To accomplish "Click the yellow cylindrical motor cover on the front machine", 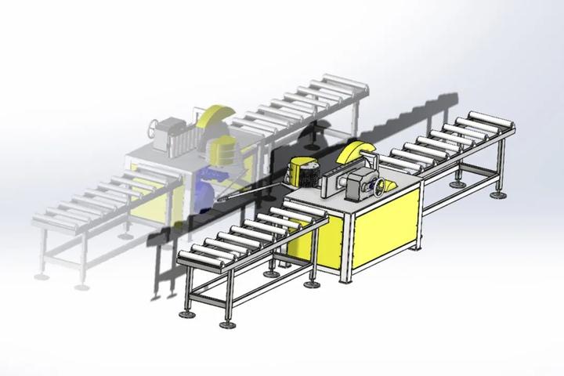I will click(302, 171).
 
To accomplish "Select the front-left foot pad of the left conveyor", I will click(187, 314).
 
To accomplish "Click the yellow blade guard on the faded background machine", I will click(214, 117).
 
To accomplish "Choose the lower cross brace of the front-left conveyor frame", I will click(235, 294).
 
